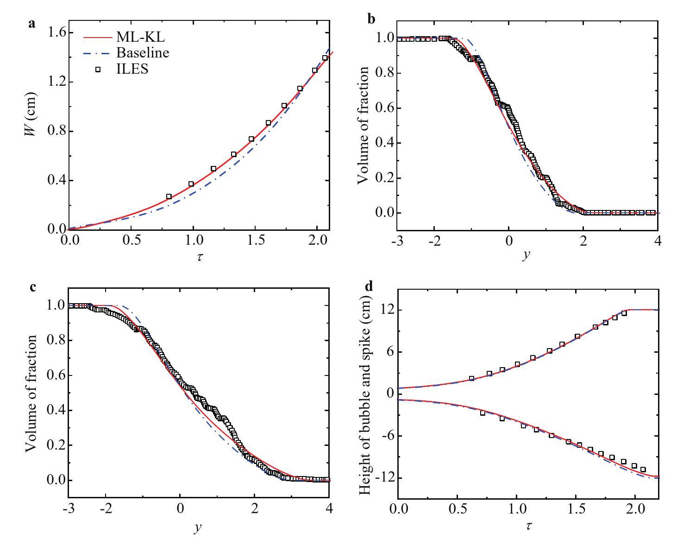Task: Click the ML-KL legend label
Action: click(x=140, y=38)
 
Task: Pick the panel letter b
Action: click(x=371, y=19)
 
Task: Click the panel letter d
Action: click(x=369, y=286)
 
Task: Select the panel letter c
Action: click(x=32, y=287)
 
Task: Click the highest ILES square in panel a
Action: click(x=325, y=58)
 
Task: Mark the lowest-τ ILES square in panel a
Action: click(x=169, y=197)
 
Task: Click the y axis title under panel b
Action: click(x=525, y=254)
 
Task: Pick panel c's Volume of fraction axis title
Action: click(x=31, y=393)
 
